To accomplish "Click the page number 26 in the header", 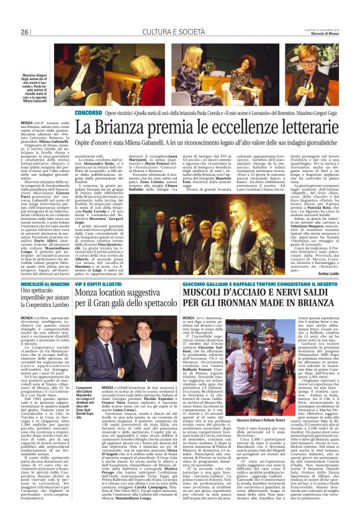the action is pyautogui.click(x=25, y=32).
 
